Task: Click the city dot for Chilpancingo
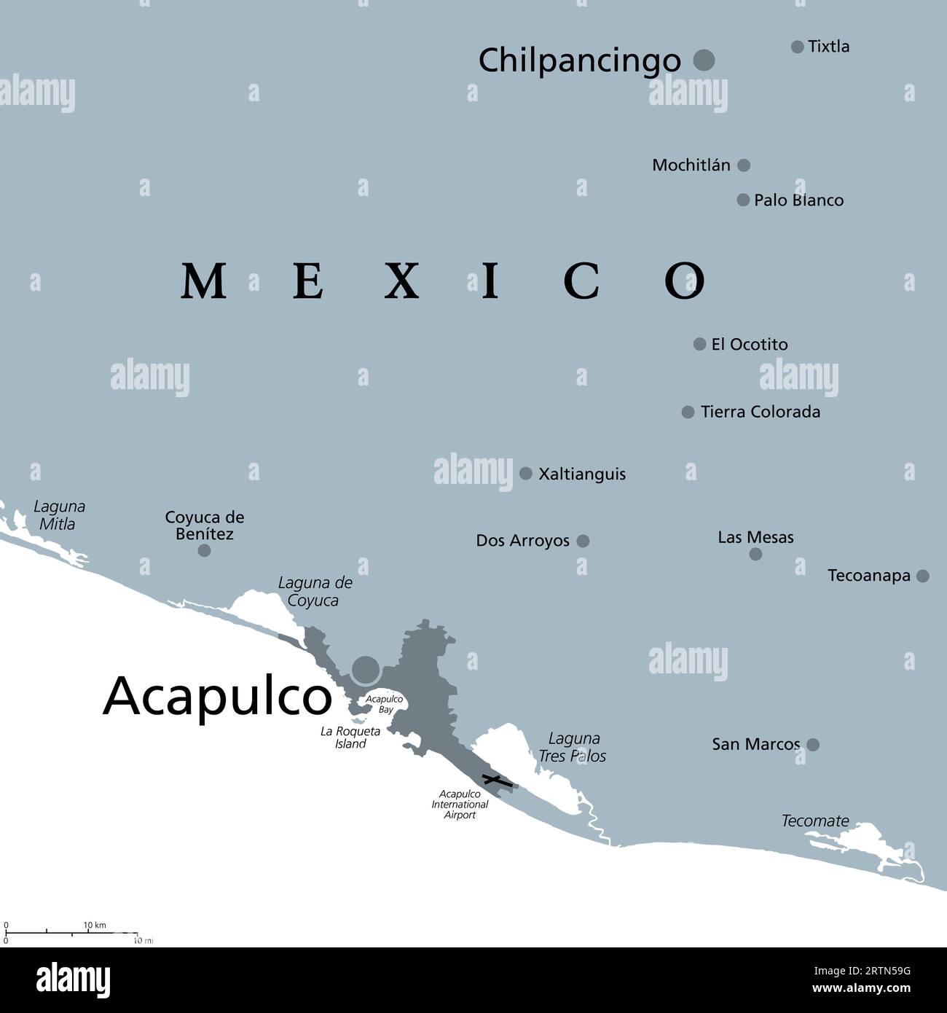coord(704,60)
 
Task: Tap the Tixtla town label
coord(829,47)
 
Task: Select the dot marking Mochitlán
coord(744,165)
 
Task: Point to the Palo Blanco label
coord(798,200)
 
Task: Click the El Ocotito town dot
coord(699,344)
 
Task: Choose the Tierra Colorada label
coord(761,412)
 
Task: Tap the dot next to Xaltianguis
coord(526,474)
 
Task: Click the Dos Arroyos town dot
coord(583,541)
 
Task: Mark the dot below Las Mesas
coord(755,554)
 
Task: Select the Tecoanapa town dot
coord(923,576)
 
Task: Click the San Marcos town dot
coord(813,745)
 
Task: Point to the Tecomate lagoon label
coord(815,821)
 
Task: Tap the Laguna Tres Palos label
coord(573,747)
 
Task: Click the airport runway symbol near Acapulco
coord(498,783)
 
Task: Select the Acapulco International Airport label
coord(460,805)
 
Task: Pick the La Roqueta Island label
coord(350,738)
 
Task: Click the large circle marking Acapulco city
coord(366,669)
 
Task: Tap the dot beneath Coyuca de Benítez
coord(205,550)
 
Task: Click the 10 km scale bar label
coord(95,926)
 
